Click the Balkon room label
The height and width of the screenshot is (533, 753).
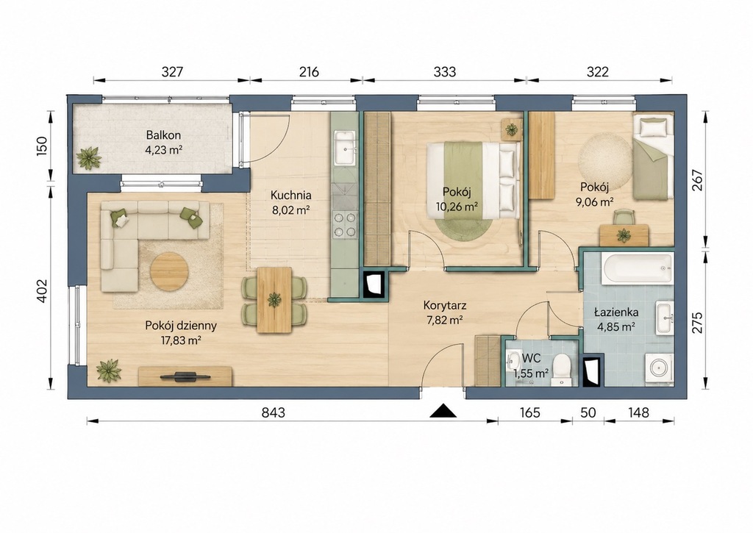pos(164,135)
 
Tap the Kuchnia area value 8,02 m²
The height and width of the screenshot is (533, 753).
pos(290,210)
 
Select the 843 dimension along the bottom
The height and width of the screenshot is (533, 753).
pos(274,412)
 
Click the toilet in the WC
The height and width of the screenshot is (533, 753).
pos(561,370)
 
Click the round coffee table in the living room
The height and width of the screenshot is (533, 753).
pos(169,272)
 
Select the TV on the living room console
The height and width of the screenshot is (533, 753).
pos(185,376)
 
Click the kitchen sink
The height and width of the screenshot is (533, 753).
pos(345,148)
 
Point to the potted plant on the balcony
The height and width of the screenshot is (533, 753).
pos(89,158)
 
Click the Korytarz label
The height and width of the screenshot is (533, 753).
pos(445,305)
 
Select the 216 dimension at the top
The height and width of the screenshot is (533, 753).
pos(309,72)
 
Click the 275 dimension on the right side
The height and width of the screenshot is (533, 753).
pos(697,323)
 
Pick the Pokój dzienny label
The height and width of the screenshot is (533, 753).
pos(181,325)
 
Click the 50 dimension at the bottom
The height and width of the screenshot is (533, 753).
pos(588,412)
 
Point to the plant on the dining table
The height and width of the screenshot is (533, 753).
pos(274,300)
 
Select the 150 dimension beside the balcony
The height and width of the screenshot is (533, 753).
pos(42,146)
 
